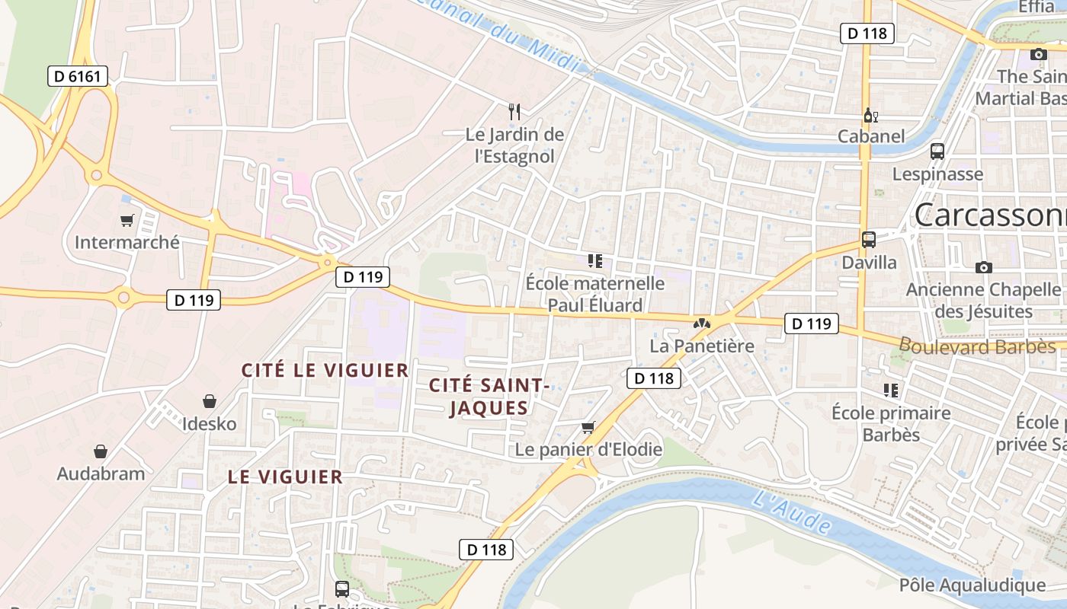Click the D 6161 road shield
pos(78,75)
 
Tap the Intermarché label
pos(127,242)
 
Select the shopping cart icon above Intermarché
pos(127,221)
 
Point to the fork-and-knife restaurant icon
pos(514,112)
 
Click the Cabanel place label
pos(871,136)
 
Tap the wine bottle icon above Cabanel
pos(870,116)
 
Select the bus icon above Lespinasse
pos(937,151)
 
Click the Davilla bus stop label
pos(869,263)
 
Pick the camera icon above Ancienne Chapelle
pos(984,267)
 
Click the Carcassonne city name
pos(991,215)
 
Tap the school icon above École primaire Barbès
pos(891,391)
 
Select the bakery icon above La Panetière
pos(701,324)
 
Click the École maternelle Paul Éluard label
pos(595,294)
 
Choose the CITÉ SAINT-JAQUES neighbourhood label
pos(489,396)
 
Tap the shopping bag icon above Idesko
pos(210,401)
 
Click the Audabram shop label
pos(101,473)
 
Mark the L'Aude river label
pos(793,512)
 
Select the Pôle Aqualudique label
pos(972,585)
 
